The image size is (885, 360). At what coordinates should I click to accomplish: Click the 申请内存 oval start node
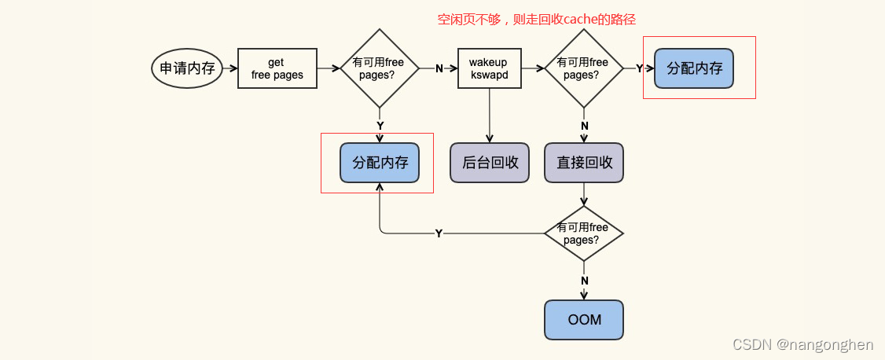(x=187, y=68)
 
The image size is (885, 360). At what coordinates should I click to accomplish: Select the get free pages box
(x=277, y=68)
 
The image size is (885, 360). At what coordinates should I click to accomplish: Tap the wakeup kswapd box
(x=489, y=68)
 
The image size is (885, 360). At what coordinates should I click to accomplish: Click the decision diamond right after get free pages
(x=379, y=68)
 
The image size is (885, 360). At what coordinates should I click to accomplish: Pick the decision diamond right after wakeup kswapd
(x=583, y=68)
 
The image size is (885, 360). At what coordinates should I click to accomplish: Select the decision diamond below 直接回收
(x=583, y=233)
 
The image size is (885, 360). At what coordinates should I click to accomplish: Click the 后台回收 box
(x=490, y=163)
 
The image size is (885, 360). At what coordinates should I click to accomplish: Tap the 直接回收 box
(x=583, y=163)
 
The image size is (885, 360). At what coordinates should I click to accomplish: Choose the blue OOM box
(x=583, y=320)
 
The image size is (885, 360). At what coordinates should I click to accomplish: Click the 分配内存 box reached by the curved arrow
(x=379, y=163)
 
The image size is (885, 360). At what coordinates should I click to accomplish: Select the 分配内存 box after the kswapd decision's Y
(x=694, y=68)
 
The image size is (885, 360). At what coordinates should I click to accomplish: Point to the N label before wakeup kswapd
(x=439, y=69)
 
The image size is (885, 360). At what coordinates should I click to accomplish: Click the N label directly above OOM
(x=584, y=281)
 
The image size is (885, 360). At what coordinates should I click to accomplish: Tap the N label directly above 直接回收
(x=584, y=126)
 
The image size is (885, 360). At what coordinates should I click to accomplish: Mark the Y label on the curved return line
(x=439, y=233)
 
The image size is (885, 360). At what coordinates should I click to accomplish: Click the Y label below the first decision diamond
(x=380, y=126)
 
